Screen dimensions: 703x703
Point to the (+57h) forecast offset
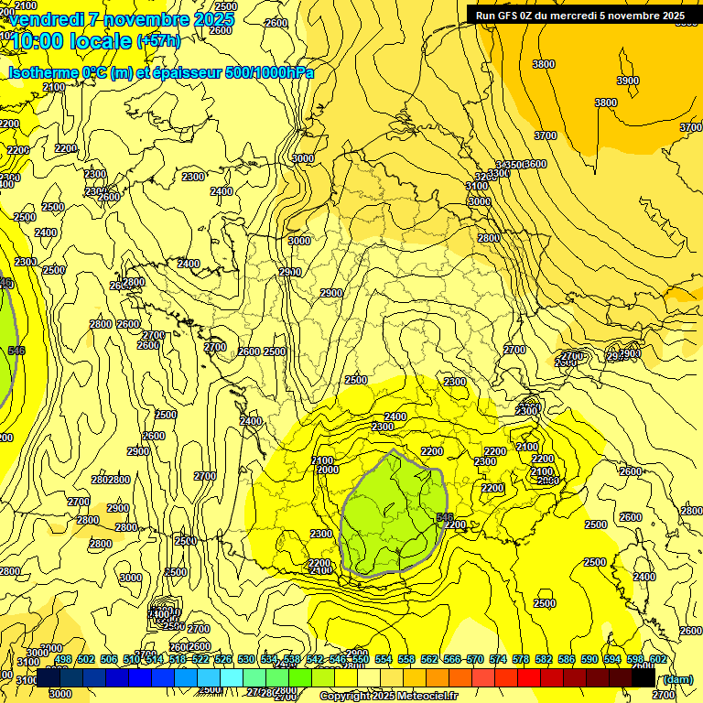click(158, 40)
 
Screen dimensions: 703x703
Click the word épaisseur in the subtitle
click(189, 72)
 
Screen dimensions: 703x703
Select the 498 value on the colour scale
click(63, 659)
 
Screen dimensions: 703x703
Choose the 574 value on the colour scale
click(498, 659)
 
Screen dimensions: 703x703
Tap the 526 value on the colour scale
click(223, 659)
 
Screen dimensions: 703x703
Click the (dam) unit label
click(677, 678)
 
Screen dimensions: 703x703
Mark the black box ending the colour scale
click(643, 677)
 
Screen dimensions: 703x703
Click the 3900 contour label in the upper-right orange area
click(627, 81)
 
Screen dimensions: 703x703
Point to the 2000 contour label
click(328, 470)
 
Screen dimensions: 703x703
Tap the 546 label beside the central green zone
click(445, 517)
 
